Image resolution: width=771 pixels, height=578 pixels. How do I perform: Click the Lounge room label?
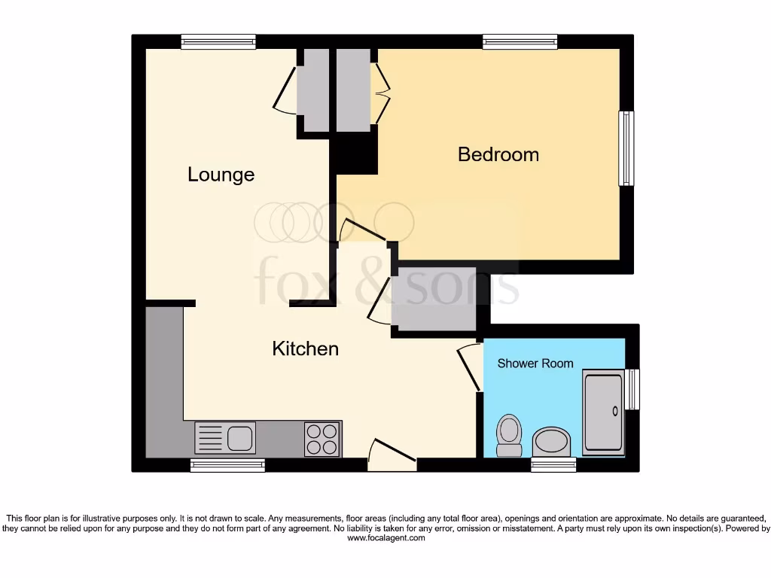click(x=221, y=175)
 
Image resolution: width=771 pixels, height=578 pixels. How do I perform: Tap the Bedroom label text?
click(x=498, y=154)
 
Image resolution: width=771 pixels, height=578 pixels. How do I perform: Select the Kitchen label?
click(x=305, y=348)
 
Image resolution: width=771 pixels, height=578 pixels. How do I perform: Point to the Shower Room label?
click(x=535, y=364)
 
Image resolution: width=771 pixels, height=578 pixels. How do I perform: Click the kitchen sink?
click(x=226, y=437)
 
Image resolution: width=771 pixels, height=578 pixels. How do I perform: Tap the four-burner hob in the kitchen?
click(x=322, y=438)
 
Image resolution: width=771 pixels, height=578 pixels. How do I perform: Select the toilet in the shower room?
click(x=510, y=436)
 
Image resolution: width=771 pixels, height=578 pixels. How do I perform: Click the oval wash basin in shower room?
click(x=552, y=443)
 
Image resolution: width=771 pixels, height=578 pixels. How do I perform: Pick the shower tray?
click(x=604, y=412)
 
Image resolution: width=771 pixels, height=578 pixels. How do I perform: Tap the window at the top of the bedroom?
click(x=520, y=42)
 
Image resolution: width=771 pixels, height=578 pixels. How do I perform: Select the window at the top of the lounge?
click(x=218, y=42)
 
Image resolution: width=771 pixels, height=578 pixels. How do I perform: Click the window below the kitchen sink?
click(x=227, y=465)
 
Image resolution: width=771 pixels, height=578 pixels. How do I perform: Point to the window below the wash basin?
click(x=553, y=465)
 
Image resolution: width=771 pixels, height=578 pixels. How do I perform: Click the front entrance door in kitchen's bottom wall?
click(x=392, y=455)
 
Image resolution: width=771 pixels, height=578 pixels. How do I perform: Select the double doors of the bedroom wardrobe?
click(x=381, y=93)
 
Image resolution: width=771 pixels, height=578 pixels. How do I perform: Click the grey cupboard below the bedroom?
click(x=433, y=299)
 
